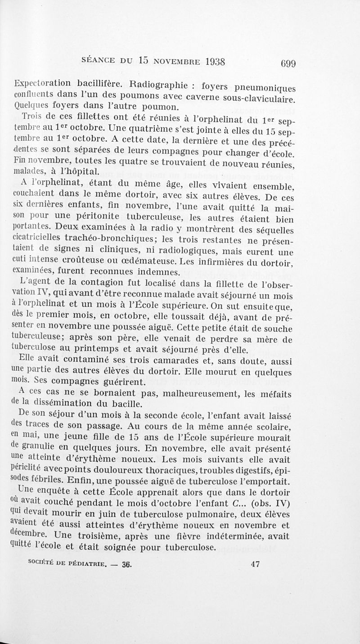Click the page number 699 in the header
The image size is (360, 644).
point(287,63)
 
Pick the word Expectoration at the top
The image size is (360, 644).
point(43,83)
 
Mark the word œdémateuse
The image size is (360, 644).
point(140,261)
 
